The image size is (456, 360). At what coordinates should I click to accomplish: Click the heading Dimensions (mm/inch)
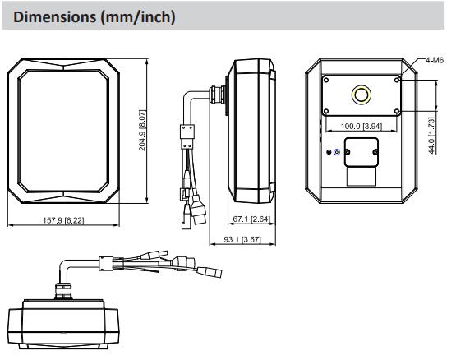point(94,17)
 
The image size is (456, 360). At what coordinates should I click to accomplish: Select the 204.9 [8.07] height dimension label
point(142,130)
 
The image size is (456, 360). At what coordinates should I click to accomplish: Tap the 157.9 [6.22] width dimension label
point(63,220)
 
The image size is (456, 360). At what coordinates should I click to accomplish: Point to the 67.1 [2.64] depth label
point(251,219)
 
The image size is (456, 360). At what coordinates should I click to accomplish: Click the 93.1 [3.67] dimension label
point(242,239)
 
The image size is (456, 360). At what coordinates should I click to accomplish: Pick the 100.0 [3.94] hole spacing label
point(362,126)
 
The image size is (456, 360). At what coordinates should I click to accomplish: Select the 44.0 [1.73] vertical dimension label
point(432,136)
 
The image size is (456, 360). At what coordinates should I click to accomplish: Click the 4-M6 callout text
point(435,60)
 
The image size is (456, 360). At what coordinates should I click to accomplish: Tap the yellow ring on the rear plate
point(361,95)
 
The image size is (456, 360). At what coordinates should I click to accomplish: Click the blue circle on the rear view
point(337,152)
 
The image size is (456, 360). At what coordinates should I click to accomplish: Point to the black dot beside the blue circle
point(329,152)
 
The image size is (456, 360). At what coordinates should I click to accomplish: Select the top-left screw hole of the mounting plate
point(326,80)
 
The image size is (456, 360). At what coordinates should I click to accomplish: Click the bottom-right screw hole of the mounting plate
point(397,111)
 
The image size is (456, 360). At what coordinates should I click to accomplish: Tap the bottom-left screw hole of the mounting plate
point(326,111)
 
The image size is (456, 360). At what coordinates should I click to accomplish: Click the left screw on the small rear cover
point(348,152)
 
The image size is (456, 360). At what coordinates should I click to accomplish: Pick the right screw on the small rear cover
point(375,152)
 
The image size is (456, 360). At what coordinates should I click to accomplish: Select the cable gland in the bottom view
point(62,290)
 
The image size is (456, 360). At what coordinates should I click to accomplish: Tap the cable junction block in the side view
point(187,136)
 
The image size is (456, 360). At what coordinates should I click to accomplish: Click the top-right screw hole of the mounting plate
point(397,80)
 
